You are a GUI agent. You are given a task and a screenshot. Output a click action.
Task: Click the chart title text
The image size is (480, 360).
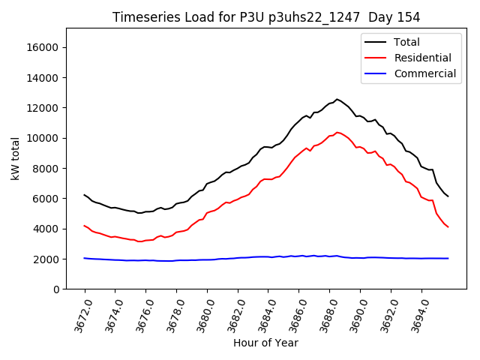(266, 17)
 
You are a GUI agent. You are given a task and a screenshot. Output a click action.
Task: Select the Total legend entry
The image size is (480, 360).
(406, 42)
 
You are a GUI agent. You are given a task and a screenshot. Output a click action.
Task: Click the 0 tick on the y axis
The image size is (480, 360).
(56, 289)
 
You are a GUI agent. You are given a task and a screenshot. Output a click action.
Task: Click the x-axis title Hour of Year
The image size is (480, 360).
(265, 343)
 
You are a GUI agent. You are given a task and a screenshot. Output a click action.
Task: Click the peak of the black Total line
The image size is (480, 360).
(337, 99)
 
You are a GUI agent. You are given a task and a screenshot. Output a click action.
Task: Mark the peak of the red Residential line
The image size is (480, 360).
(337, 132)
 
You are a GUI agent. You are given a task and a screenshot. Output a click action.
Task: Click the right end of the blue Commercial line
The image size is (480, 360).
(448, 258)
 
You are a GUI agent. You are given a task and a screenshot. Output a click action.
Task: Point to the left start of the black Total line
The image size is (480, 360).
(85, 195)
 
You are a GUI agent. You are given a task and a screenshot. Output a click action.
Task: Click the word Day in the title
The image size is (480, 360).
(380, 17)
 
